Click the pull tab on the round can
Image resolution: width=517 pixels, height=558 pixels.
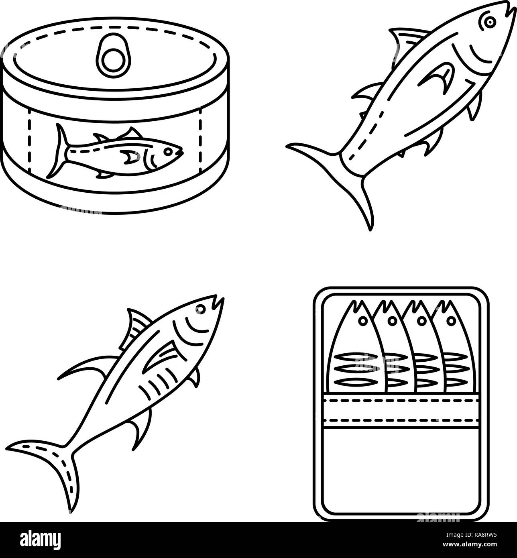pos(113,54)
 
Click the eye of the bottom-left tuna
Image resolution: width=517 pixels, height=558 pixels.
pos(200,308)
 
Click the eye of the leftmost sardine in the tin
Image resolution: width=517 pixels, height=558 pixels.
pos(362,320)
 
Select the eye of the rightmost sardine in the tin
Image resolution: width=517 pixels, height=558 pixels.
pos(452,320)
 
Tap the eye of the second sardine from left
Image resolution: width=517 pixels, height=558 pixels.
pos(391,320)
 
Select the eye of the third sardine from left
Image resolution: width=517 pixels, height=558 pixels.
pos(421,320)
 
